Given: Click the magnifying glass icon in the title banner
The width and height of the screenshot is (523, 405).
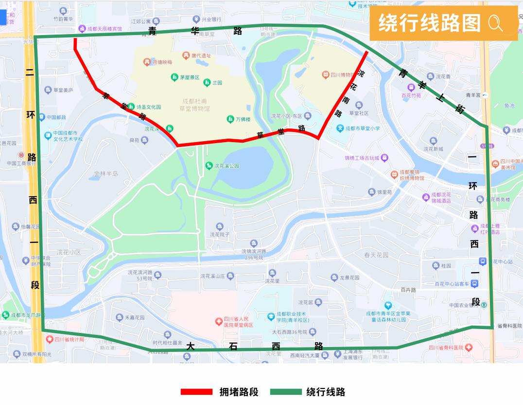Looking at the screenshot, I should click(x=495, y=23).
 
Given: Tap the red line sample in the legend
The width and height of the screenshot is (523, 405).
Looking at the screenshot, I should click(x=196, y=392).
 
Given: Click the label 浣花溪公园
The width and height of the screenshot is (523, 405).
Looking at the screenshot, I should click(x=227, y=166).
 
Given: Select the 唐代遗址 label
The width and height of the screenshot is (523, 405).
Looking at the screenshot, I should click(x=201, y=56).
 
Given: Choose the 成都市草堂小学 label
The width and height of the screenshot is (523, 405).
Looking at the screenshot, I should click(x=362, y=129).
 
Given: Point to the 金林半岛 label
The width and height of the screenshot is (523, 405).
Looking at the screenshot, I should click(x=106, y=173).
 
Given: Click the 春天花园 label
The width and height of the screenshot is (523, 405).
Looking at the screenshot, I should click(x=376, y=255).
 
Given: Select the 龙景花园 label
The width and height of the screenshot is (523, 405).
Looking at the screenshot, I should click(x=349, y=277).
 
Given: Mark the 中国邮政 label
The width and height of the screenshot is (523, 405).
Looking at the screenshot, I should click(x=55, y=117).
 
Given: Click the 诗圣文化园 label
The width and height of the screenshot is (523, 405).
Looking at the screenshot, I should click(x=148, y=107).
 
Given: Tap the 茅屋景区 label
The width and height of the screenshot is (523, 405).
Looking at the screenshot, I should click(x=190, y=77).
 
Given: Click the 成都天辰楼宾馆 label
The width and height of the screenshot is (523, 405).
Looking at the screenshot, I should click(x=105, y=29).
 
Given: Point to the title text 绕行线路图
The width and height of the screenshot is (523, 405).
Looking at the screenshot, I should click(x=429, y=23).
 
